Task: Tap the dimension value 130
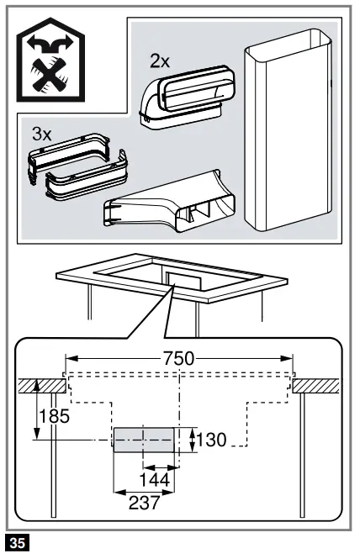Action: coord(212,439)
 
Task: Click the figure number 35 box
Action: coord(18,542)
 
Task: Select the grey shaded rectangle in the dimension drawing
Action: coord(144,439)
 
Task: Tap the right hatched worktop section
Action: coord(318,384)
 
